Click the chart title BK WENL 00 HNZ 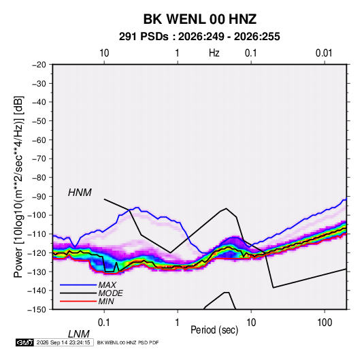tap(200, 19)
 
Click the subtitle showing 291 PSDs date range tap(199, 37)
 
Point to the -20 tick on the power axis tap(39, 65)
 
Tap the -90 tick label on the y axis tap(39, 196)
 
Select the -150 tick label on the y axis tap(37, 310)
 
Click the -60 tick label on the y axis tap(39, 140)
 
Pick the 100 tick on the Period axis tap(325, 323)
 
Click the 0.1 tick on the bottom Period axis tap(104, 323)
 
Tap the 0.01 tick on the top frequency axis tap(324, 53)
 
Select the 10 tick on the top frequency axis tap(104, 53)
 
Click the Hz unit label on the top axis tap(214, 53)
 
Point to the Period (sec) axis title tap(214, 330)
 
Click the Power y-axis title tap(18, 186)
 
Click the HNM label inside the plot tap(80, 193)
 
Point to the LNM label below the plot tap(79, 334)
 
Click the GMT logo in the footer tap(25, 342)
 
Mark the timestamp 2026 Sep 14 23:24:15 tap(63, 342)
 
